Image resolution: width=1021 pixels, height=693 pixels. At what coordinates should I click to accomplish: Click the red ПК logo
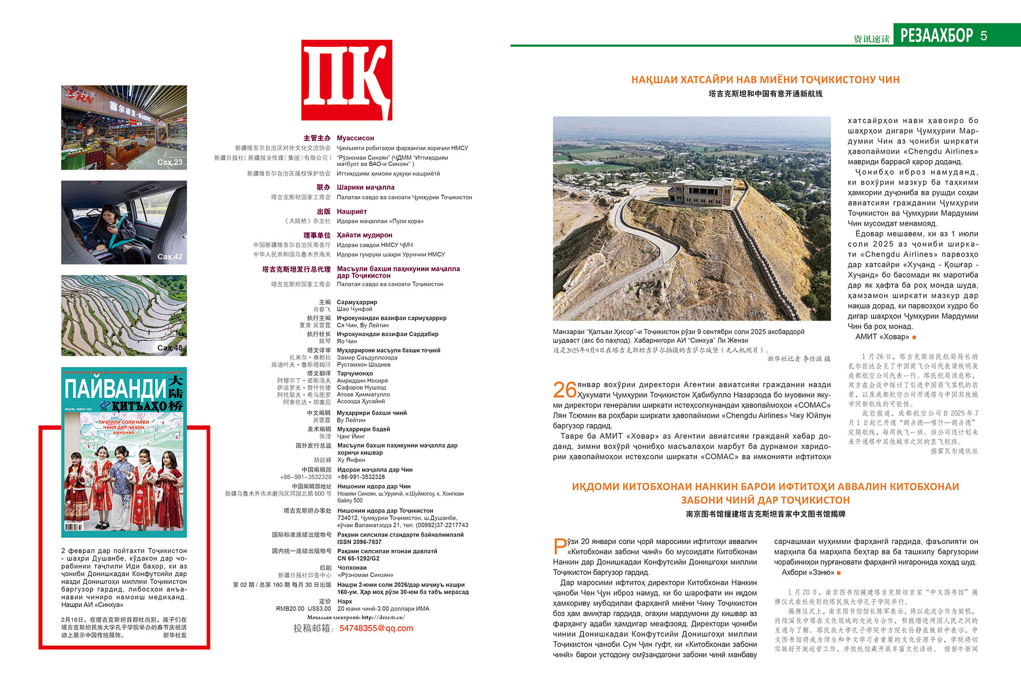click(347, 80)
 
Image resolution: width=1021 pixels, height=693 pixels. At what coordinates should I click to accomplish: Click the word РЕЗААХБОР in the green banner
click(936, 36)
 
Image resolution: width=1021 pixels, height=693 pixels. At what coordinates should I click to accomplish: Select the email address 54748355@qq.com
click(376, 628)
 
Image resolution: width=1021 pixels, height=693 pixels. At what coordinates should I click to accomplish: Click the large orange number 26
click(565, 390)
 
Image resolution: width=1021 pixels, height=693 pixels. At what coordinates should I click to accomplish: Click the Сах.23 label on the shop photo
click(170, 162)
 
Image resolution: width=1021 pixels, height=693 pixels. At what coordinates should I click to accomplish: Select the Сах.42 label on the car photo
click(170, 257)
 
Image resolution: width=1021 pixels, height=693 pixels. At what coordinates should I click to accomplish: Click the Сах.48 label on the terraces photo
click(170, 348)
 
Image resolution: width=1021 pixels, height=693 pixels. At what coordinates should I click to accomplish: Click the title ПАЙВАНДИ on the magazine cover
click(115, 390)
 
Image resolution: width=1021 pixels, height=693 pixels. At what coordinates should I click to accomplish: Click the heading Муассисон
click(355, 138)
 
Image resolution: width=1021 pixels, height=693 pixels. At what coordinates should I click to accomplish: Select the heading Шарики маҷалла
click(365, 187)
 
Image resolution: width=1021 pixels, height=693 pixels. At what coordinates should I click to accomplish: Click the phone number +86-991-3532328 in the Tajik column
click(361, 477)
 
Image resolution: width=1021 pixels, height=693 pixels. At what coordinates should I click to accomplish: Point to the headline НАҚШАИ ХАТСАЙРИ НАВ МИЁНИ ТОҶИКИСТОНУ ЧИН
click(765, 80)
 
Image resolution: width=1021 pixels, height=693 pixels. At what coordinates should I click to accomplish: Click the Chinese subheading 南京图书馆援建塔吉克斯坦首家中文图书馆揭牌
click(765, 514)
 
